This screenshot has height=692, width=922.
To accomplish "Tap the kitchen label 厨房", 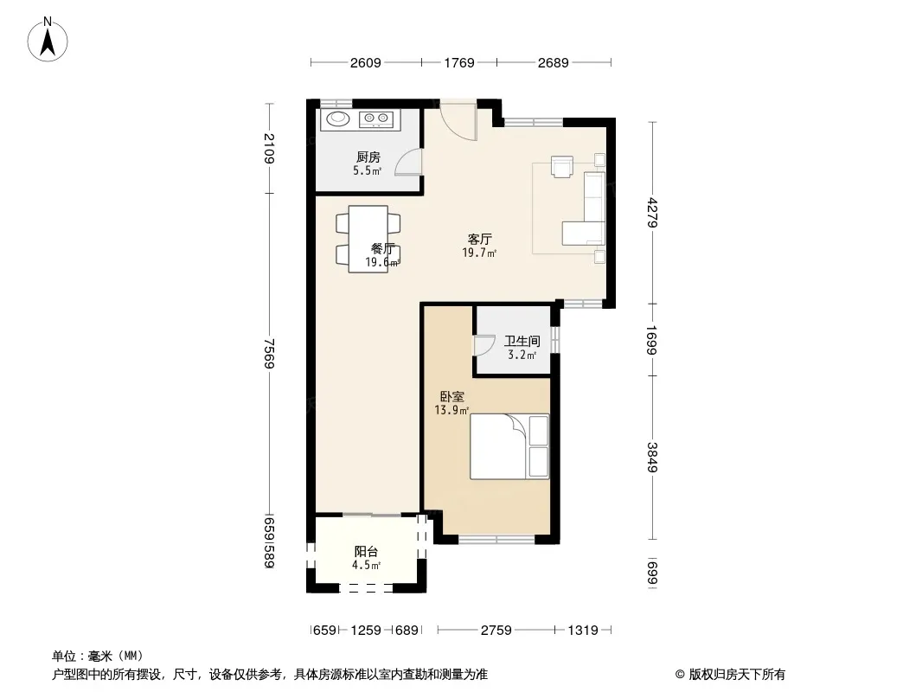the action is [368, 157].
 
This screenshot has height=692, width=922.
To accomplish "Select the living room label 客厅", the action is [480, 240].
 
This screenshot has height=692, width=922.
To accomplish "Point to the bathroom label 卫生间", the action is [522, 341].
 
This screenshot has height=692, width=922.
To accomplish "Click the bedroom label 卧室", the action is [452, 397].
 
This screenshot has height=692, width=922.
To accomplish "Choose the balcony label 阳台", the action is [366, 552].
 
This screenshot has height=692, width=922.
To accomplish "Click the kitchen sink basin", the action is [338, 119].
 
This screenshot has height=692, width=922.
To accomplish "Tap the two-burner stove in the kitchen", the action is [376, 119].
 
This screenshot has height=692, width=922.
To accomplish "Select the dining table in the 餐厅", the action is [368, 239].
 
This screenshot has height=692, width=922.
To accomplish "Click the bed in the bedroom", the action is [509, 446].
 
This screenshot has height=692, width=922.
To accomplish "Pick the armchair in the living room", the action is [562, 166].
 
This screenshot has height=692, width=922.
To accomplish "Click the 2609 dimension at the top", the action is [366, 62].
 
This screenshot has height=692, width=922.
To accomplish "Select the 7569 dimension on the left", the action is [269, 353].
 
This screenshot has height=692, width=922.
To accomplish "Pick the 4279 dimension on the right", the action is [652, 213].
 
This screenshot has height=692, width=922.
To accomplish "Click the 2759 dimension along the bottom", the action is [496, 631].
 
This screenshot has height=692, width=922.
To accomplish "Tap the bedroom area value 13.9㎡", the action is [451, 410].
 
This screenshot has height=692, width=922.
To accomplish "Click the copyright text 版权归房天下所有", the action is [737, 675].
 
